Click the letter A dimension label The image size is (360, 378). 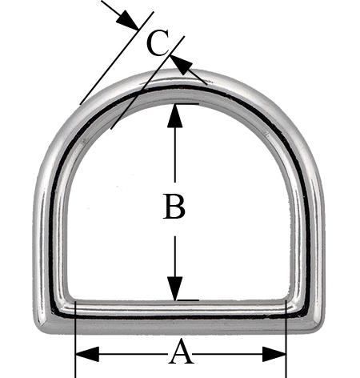181,352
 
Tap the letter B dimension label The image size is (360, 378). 174,207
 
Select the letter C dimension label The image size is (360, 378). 158,42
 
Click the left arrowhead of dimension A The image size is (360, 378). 87,354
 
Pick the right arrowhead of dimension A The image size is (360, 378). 274,354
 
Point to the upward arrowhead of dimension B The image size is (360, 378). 175,115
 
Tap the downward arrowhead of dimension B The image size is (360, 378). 175,288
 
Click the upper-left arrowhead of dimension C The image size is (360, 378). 127,20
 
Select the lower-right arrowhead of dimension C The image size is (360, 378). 182,65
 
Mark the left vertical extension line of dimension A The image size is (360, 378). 76,340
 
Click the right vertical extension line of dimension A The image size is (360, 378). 286,339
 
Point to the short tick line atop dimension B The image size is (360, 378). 186,103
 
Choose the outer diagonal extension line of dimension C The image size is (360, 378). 117,58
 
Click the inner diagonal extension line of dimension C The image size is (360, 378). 147,82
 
